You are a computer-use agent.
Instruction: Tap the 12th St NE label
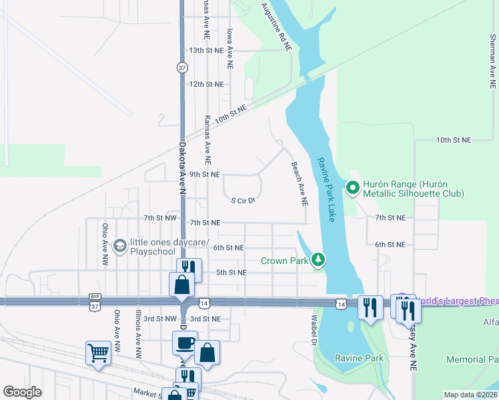(205, 84)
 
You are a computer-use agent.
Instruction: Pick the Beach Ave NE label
(300, 183)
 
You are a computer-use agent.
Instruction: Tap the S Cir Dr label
(243, 200)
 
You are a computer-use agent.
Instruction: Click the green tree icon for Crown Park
(319, 260)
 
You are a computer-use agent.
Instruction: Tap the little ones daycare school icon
(119, 246)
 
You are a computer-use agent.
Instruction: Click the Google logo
(22, 392)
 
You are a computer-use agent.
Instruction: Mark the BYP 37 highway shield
(93, 300)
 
